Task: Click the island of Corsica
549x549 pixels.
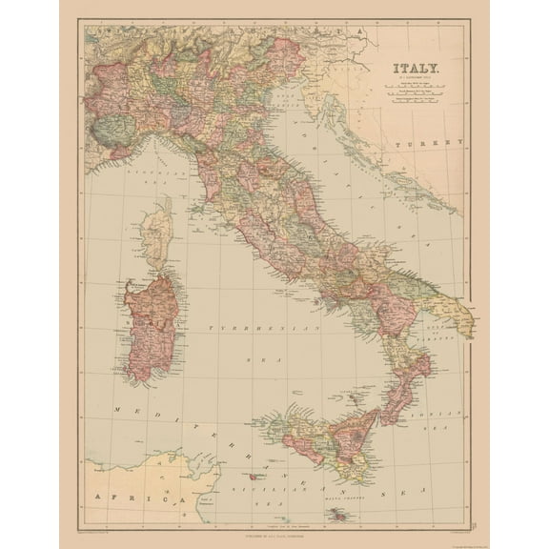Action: [156, 233]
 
